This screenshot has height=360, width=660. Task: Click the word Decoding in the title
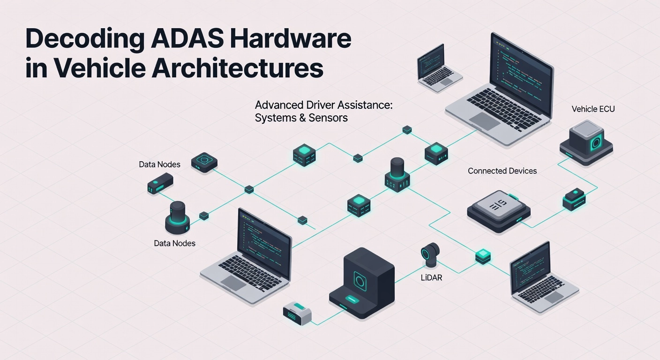pyautogui.click(x=85, y=40)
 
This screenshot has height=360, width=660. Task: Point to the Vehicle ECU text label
pyautogui.click(x=593, y=109)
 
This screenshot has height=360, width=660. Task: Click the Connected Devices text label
pyautogui.click(x=502, y=171)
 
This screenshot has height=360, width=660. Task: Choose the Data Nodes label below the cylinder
pyautogui.click(x=174, y=243)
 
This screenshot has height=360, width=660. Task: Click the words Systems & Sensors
pyautogui.click(x=301, y=118)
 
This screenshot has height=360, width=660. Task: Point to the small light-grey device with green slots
pyautogui.click(x=297, y=313)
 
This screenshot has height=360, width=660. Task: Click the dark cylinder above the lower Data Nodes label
pyautogui.click(x=177, y=217)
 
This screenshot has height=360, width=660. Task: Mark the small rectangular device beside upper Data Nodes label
pyautogui.click(x=160, y=183)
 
